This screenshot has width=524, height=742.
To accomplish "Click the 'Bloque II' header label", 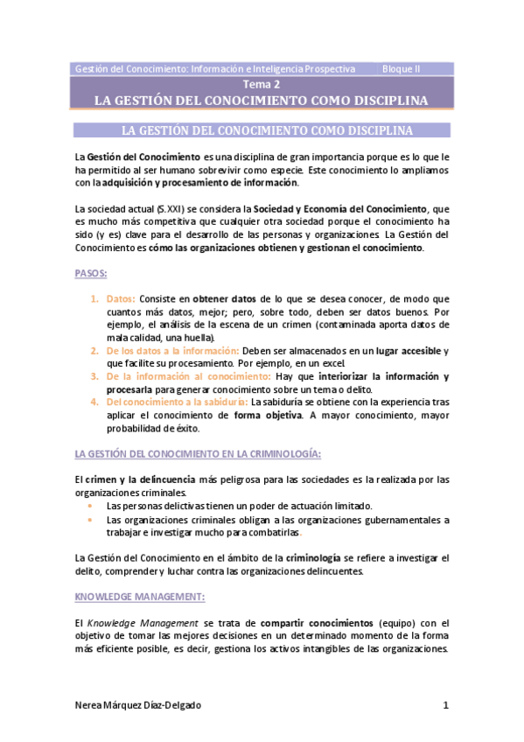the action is pyautogui.click(x=402, y=68).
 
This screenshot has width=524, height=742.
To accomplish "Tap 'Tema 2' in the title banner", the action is pyautogui.click(x=262, y=85).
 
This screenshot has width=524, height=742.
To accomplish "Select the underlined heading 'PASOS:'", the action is pyautogui.click(x=92, y=274).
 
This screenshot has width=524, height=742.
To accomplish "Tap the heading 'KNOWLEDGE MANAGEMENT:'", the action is pyautogui.click(x=140, y=596).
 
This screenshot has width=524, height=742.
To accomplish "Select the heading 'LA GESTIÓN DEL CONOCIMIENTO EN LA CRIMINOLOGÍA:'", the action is pyautogui.click(x=199, y=454).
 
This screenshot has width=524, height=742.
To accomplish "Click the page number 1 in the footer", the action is pyautogui.click(x=445, y=704).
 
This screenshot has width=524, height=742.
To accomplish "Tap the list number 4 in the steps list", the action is pyautogui.click(x=94, y=402).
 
